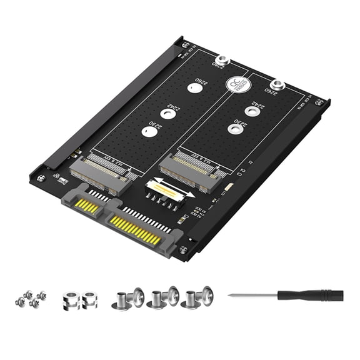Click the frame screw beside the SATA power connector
pyautogui.click(x=184, y=249)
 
